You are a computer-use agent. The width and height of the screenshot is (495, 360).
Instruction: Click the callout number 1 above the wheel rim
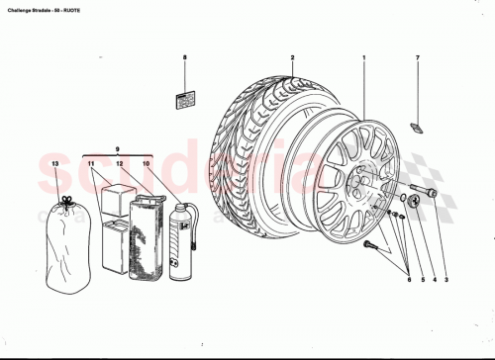[364, 58]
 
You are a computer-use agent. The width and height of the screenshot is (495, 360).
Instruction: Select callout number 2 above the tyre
[293, 58]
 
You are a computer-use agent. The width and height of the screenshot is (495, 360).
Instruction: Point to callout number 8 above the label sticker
[184, 58]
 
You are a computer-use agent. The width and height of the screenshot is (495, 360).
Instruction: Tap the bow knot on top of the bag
[66, 201]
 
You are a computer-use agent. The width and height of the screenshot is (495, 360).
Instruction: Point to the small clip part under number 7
[418, 127]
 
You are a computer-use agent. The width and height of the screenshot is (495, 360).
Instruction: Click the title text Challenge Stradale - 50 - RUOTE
[49, 6]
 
